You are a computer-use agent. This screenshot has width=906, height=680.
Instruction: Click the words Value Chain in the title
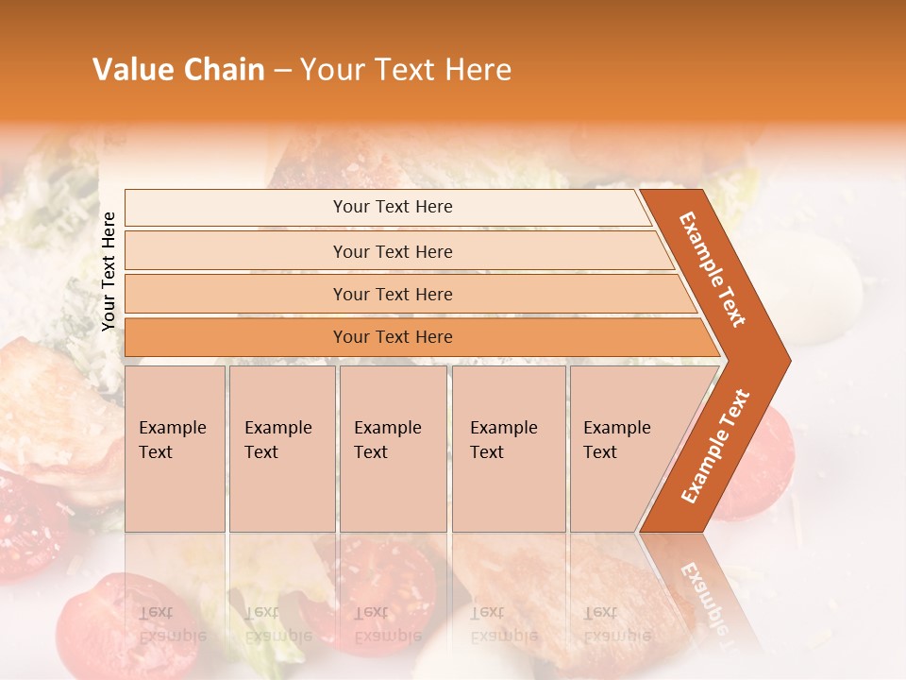(178, 70)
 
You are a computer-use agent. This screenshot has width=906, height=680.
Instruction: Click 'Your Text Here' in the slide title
(406, 70)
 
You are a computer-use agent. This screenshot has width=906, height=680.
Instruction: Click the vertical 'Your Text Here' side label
(109, 270)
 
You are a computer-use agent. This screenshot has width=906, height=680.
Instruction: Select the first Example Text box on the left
(175, 449)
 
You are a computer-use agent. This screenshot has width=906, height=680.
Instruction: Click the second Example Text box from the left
(281, 449)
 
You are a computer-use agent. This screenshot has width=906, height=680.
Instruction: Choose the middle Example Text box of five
(393, 449)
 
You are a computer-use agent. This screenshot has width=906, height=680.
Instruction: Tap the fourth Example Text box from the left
(508, 449)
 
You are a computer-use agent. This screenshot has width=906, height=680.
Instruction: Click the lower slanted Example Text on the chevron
(714, 447)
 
